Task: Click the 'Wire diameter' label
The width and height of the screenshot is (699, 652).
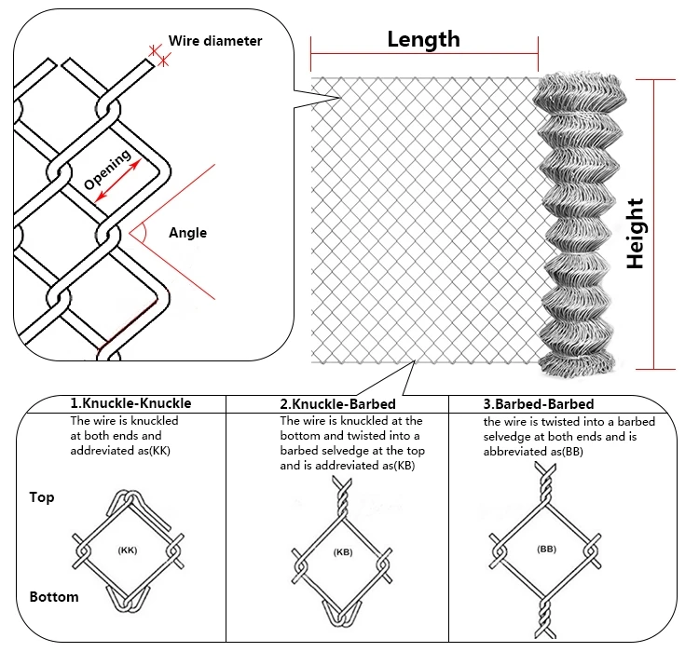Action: (x=215, y=41)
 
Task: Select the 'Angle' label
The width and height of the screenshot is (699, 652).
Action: (x=188, y=233)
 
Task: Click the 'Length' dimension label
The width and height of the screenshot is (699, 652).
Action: (x=423, y=38)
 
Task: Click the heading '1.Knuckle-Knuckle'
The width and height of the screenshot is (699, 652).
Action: (x=130, y=403)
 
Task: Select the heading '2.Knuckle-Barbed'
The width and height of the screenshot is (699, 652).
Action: (x=338, y=404)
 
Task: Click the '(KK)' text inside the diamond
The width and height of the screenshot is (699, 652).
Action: (x=128, y=550)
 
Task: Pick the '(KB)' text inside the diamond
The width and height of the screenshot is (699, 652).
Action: (x=344, y=552)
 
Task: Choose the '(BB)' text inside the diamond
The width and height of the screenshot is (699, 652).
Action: (x=547, y=550)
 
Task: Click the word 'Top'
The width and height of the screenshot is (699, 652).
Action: (x=41, y=497)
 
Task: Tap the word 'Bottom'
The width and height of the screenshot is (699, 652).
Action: (x=53, y=596)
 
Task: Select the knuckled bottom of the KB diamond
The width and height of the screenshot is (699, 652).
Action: (x=344, y=616)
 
